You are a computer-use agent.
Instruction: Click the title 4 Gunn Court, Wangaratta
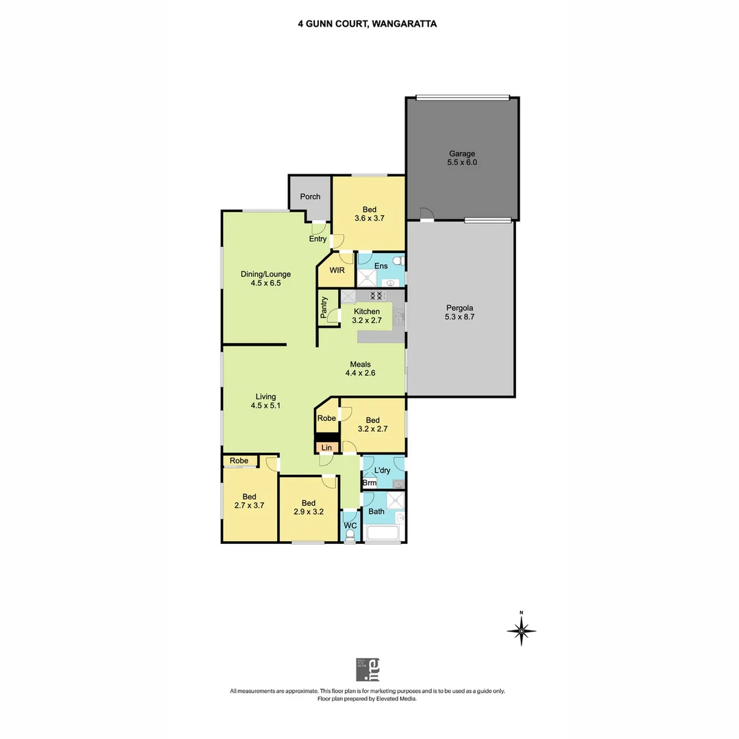367,23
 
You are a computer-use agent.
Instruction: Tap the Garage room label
462,158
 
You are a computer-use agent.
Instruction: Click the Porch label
310,197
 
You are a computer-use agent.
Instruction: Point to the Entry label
317,239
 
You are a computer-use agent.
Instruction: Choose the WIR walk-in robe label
337,270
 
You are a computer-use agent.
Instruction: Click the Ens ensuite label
381,265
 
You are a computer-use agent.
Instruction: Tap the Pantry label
324,307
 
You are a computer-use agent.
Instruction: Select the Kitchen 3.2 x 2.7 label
367,315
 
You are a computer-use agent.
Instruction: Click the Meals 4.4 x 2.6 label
361,369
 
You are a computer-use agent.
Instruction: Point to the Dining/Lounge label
265,278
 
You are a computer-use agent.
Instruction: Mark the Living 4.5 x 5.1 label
265,401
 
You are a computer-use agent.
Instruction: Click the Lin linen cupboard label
327,448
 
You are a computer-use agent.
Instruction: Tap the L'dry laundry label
382,471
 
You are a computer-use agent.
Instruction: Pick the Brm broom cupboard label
369,483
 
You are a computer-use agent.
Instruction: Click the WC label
350,526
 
